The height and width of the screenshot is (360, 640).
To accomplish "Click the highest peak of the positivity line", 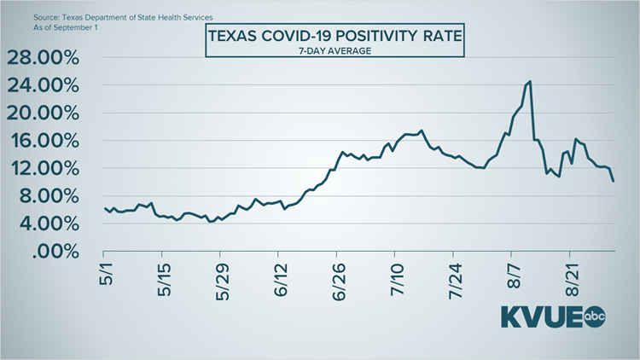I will tap(530, 82).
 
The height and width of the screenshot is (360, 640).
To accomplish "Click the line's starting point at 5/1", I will tap(104, 208).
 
